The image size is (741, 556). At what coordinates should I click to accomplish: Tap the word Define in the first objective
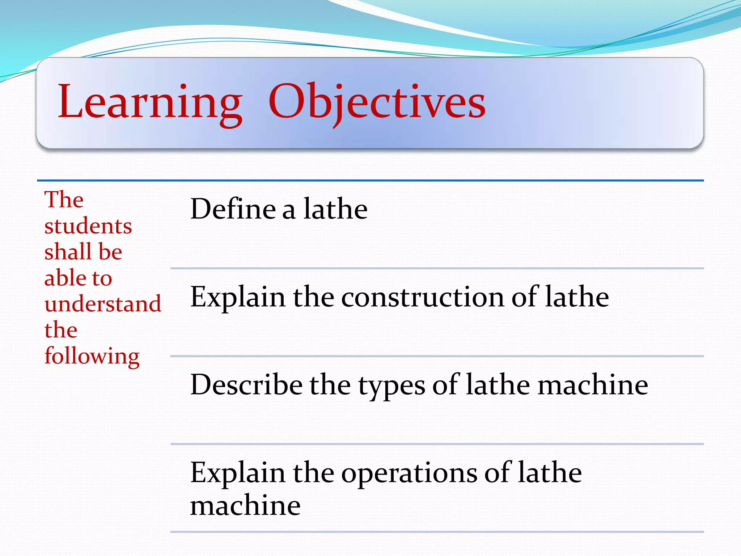(x=233, y=209)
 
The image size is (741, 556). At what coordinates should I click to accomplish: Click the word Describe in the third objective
(x=246, y=385)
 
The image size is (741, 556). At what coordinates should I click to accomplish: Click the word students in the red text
(x=88, y=226)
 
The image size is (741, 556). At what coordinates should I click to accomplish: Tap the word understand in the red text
(x=103, y=304)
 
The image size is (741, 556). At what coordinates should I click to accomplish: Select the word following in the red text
(x=92, y=356)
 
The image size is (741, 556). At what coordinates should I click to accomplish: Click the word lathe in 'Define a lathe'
(x=335, y=209)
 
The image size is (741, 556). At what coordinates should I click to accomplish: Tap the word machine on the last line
(x=245, y=505)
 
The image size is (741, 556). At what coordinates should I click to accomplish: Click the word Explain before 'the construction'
(x=237, y=298)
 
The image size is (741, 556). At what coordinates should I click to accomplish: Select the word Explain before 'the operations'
(x=237, y=473)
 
